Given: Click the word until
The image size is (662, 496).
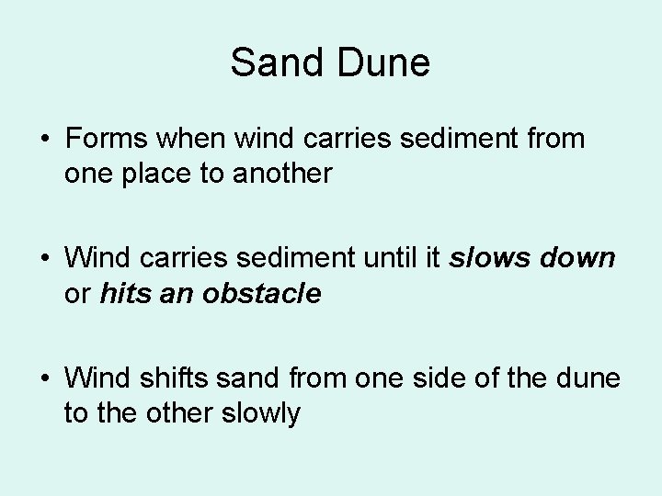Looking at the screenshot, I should pos(394,259).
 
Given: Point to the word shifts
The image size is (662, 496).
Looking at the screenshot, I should pos(162,378).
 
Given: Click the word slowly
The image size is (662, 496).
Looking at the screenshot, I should pos(261,412).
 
